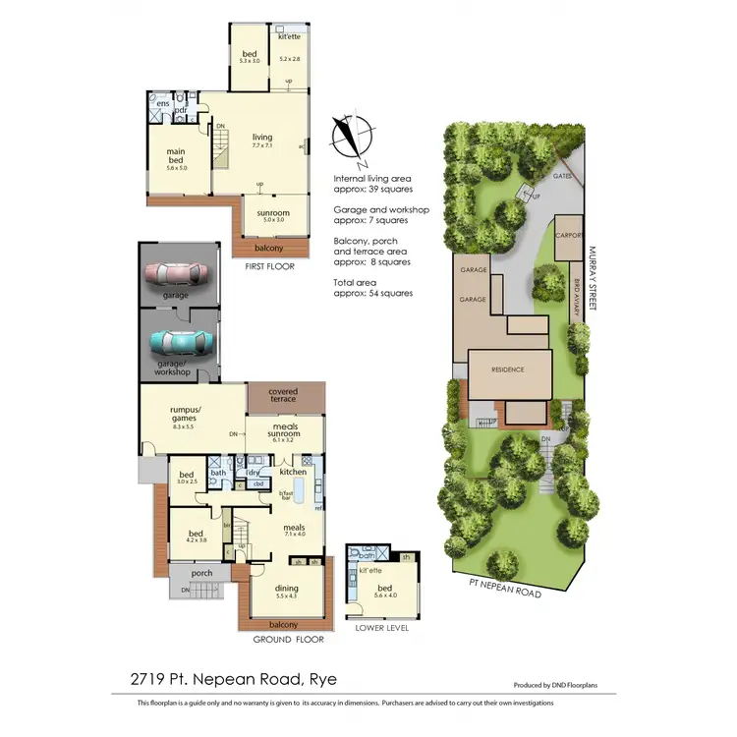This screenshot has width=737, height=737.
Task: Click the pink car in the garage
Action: pos(178,273)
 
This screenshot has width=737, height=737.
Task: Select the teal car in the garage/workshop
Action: pos(179,341)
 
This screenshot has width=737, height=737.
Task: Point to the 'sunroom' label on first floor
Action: pos(272,213)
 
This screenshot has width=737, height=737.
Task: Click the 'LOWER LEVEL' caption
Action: pos(383,627)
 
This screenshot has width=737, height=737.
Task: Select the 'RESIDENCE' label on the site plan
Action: pos(509,369)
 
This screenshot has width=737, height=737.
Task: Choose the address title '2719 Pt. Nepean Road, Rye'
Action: pos(235,678)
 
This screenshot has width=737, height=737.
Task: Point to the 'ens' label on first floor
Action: pos(162,102)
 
